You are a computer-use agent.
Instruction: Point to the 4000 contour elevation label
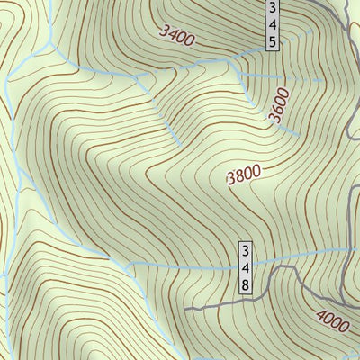[334, 320]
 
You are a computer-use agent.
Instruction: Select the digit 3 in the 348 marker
[246, 250]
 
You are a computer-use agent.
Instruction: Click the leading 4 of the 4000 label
[320, 314]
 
